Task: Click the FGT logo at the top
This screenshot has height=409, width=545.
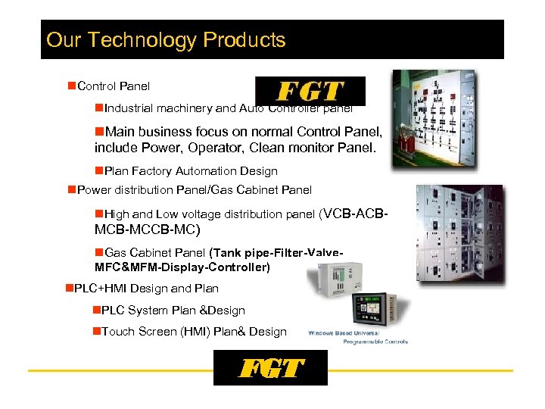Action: tap(310, 92)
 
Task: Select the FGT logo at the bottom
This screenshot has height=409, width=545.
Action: tap(270, 369)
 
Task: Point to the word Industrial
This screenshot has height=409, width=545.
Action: tap(131, 108)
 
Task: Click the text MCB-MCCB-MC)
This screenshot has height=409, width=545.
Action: tap(148, 229)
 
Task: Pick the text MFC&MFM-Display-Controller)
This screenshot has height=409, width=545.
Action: tap(182, 267)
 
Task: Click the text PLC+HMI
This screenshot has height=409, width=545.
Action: tap(102, 288)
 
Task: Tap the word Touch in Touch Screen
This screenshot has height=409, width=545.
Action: tap(117, 331)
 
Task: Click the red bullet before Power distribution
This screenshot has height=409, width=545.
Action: tap(71, 189)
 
